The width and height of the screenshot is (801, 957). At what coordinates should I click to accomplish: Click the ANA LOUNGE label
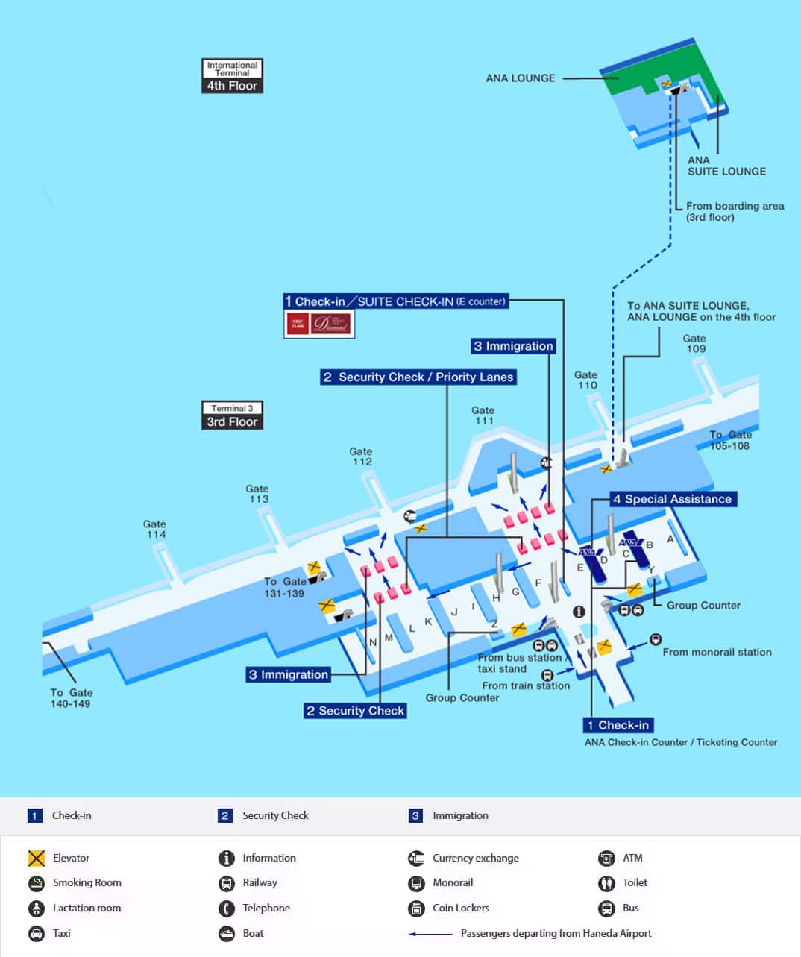pos(521,78)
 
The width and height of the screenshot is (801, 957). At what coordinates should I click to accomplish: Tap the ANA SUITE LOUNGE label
pos(726,166)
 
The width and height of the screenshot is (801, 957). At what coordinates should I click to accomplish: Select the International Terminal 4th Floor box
pos(232,76)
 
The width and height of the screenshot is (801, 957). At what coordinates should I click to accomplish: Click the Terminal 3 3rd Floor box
pos(232,415)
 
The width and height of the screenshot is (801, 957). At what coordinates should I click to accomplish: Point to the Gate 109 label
pos(694,343)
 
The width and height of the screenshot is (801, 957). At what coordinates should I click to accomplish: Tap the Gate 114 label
pos(155,529)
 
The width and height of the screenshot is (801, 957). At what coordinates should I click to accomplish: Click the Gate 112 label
pos(361,456)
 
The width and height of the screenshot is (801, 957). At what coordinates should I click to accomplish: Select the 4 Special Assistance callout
pos(673,499)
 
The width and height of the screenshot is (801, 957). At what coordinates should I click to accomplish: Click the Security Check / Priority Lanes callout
pos(418,377)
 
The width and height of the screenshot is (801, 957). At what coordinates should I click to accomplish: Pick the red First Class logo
pos(298,324)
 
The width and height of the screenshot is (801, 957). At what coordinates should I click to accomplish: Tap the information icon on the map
pos(579,612)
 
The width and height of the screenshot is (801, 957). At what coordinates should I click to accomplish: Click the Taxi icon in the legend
pos(37,933)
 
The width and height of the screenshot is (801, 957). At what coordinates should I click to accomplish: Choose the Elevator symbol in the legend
pos(37,858)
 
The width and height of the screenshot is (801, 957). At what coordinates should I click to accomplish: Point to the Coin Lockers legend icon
pos(416,908)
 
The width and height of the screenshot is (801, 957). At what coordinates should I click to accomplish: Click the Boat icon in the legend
pos(227,933)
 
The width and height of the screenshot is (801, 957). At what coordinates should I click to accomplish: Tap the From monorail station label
pos(717,652)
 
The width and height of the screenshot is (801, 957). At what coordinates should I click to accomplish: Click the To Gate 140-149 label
pos(71,697)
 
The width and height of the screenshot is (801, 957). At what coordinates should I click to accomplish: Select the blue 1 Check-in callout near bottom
pos(618,725)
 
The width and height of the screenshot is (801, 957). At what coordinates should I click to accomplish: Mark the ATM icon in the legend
pos(606,858)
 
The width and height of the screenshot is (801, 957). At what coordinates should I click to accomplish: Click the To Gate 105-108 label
pos(729,440)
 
